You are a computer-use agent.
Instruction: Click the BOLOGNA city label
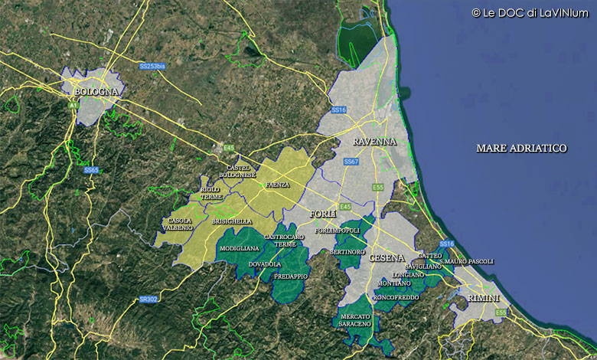pyautogui.click(x=96, y=92)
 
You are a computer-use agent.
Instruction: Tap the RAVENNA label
pyautogui.click(x=374, y=142)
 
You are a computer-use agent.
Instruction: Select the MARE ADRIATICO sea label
pyautogui.click(x=521, y=148)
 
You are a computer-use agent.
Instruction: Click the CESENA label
pyautogui.click(x=387, y=258)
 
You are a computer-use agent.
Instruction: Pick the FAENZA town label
pyautogui.click(x=278, y=185)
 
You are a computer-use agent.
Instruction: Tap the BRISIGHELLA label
pyautogui.click(x=232, y=221)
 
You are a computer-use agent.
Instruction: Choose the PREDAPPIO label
pyautogui.click(x=291, y=276)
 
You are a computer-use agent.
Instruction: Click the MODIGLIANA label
pyautogui.click(x=240, y=249)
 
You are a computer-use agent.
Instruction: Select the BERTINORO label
pyautogui.click(x=347, y=251)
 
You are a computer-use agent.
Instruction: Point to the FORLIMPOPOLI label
pyautogui.click(x=337, y=230)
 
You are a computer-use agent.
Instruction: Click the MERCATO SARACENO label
pyautogui.click(x=355, y=320)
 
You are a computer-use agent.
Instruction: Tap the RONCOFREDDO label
pyautogui.click(x=396, y=296)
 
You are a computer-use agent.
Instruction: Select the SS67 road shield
pyautogui.click(x=351, y=162)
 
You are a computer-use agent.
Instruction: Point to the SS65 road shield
pyautogui.click(x=91, y=170)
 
